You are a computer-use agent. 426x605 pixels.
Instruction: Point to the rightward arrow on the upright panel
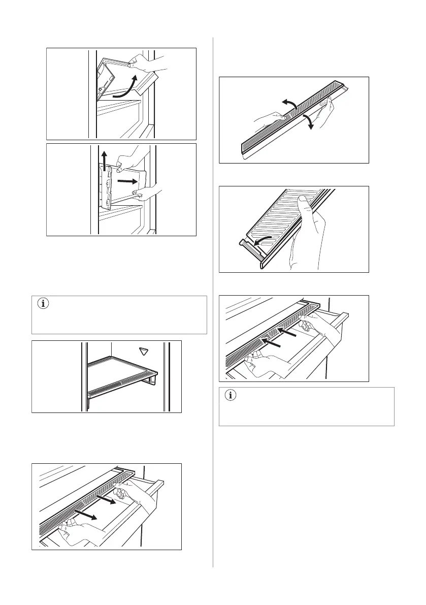(127, 181)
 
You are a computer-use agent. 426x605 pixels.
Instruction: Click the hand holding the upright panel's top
(129, 163)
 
